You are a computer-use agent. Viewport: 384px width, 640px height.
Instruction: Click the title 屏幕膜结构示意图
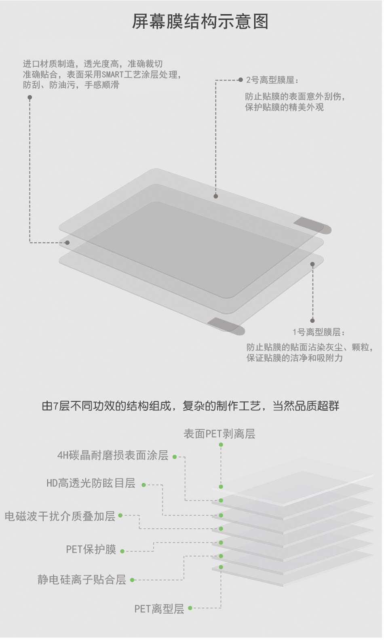[x=200, y=21]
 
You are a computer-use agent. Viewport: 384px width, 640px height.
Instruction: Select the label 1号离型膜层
[x=319, y=332]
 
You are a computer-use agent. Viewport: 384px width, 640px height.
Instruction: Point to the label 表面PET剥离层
[x=219, y=434]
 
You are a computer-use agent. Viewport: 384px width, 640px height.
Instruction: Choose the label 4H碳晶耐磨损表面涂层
[x=113, y=455]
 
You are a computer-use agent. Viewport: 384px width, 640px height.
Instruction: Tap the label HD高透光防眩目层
[x=91, y=483]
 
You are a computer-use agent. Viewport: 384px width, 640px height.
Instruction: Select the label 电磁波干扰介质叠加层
[x=60, y=516]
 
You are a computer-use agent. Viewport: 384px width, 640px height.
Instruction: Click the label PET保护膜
[x=91, y=549]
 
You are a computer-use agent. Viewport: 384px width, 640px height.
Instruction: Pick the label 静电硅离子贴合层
[x=82, y=580]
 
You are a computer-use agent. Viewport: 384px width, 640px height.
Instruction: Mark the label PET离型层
[x=159, y=609]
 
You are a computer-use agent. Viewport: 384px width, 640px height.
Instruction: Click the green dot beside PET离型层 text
[x=190, y=608]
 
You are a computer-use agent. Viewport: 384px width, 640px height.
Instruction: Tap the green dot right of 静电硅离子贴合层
[x=132, y=580]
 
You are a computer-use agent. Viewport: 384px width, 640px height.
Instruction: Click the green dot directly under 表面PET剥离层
[x=221, y=445]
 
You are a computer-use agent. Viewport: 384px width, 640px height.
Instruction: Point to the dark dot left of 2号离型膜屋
[x=241, y=80]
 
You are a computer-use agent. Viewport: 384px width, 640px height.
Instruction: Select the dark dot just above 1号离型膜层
[x=312, y=321]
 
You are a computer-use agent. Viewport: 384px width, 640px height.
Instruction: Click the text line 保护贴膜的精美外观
[x=284, y=107]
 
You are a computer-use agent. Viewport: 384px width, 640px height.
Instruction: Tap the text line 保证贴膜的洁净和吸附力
[x=295, y=358]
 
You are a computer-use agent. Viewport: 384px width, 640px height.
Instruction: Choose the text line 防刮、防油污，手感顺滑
[x=71, y=85]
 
